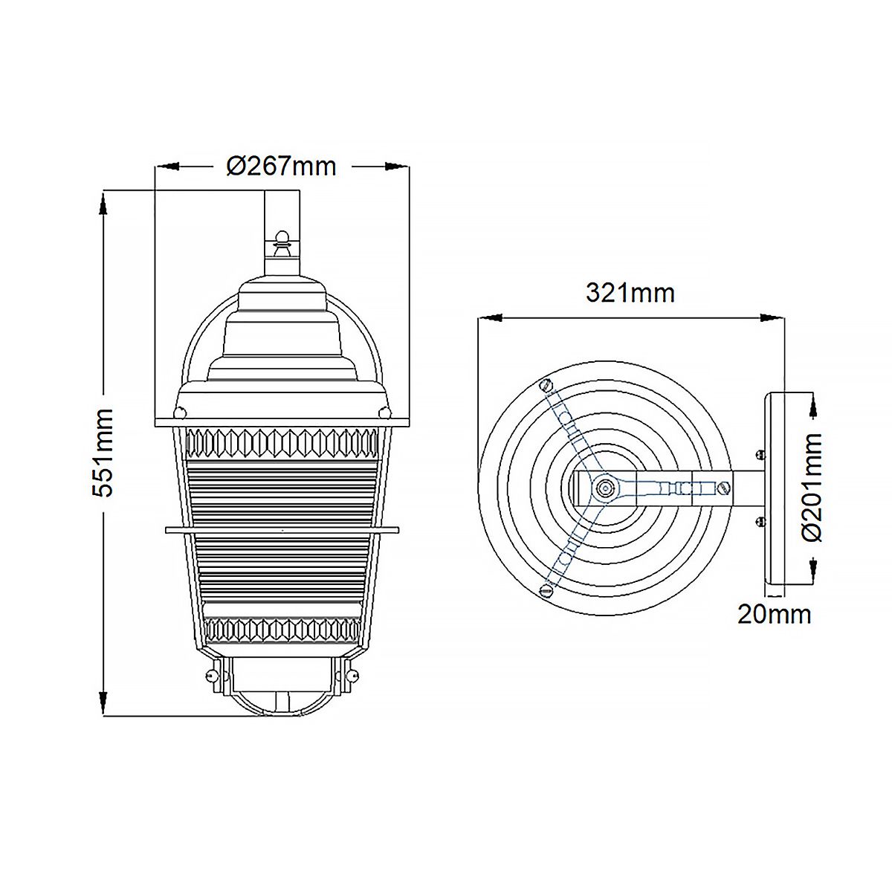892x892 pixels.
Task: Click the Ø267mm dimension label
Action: click(x=281, y=166)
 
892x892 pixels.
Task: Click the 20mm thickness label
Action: click(x=774, y=614)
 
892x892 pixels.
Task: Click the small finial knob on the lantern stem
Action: click(x=281, y=239)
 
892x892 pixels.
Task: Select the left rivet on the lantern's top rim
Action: click(x=178, y=411)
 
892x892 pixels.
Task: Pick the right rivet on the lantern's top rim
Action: click(x=384, y=411)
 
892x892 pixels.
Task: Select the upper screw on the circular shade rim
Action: click(x=546, y=385)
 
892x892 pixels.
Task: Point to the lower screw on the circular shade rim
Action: click(x=546, y=591)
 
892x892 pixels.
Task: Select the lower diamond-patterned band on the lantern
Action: click(x=281, y=631)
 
